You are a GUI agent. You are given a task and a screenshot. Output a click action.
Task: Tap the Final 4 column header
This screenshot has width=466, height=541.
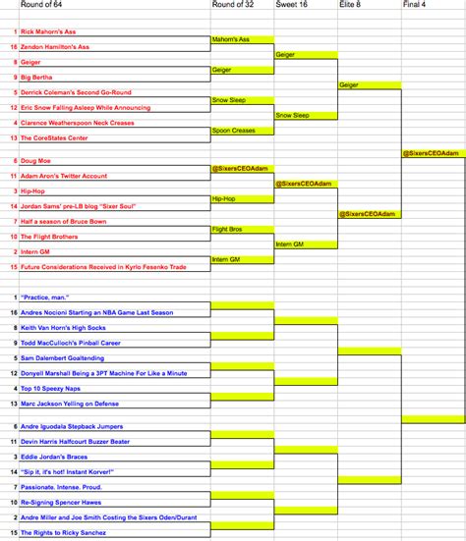click(x=415, y=5)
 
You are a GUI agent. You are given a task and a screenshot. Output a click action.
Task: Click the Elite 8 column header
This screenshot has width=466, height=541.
click(x=350, y=5)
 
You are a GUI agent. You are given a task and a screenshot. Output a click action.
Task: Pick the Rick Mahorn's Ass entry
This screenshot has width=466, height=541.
click(x=55, y=31)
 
